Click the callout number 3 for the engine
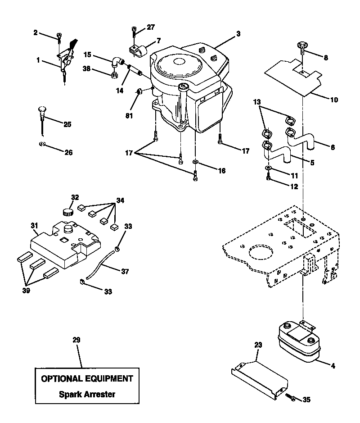(238, 34)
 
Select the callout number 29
(76, 340)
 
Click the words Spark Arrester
(87, 394)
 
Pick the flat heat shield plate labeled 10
(293, 77)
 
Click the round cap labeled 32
(68, 211)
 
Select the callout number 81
(129, 116)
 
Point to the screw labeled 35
(291, 396)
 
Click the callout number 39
(26, 291)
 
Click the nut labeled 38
(114, 75)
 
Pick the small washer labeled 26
(42, 144)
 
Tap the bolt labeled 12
(268, 178)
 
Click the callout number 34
(120, 200)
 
